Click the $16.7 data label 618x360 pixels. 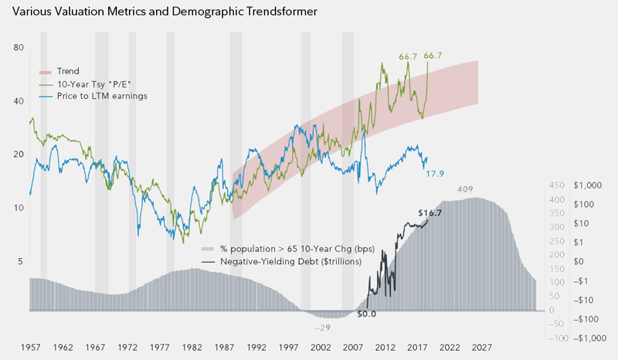click(429, 213)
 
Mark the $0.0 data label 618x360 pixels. click(367, 314)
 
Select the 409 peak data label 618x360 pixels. click(465, 190)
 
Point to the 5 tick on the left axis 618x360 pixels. click(19, 262)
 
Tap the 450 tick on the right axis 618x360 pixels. click(558, 185)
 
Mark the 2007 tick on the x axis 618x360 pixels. click(353, 348)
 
